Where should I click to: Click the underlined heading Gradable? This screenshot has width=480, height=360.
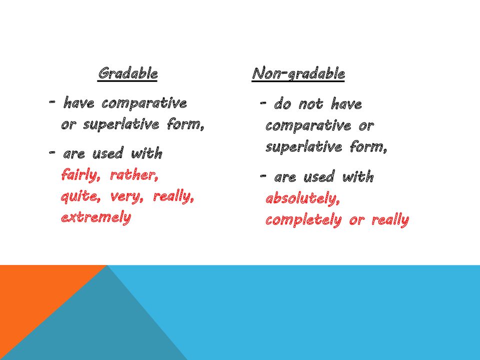pos(127,73)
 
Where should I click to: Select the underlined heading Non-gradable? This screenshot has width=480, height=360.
pos(298,74)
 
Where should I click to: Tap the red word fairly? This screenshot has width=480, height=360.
pos(81,175)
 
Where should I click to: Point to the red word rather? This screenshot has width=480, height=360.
pos(133,175)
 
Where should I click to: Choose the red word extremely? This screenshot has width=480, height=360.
pos(96,217)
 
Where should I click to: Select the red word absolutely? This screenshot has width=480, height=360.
pos(302,198)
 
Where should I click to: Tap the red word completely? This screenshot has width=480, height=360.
pos(303,220)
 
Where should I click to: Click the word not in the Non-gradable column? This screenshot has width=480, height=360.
pos(311,104)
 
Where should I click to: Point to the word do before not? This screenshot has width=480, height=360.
pos(282,104)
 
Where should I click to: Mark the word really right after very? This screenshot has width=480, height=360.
pos(173,197)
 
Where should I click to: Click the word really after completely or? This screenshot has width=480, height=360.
pos(390,220)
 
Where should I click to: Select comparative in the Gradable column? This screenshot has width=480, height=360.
pos(144,103)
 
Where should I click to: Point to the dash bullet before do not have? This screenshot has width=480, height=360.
pos(263,103)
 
